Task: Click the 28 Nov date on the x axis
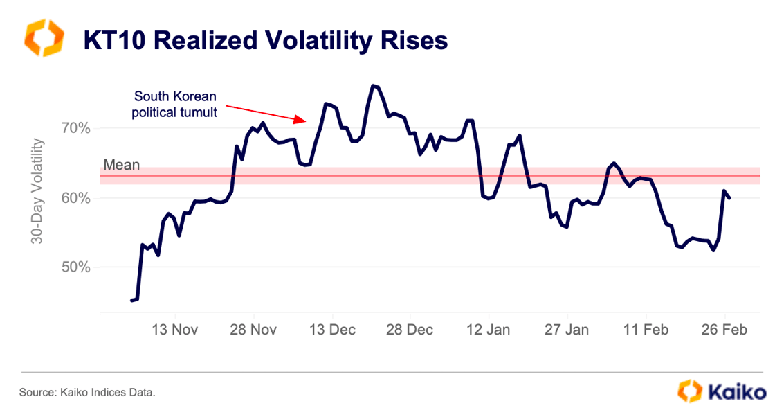[253, 330]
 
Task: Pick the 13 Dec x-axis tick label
[331, 330]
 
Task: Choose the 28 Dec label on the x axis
[410, 330]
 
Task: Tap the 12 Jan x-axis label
[489, 330]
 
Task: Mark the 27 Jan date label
[567, 330]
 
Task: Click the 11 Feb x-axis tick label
[646, 330]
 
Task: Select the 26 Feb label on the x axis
[724, 330]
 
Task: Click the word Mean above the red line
[121, 165]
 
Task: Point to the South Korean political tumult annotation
[175, 103]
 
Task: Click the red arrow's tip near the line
[305, 121]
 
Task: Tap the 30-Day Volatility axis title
[37, 192]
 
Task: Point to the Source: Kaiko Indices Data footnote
[87, 393]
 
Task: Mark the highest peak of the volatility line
[373, 86]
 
